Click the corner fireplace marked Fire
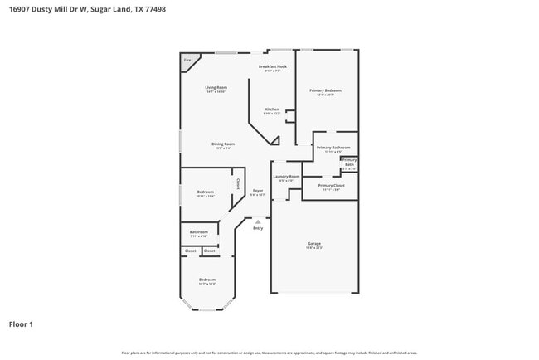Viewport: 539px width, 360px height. click(x=187, y=60)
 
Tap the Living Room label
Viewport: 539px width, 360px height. click(x=216, y=86)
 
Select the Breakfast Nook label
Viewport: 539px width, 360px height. click(x=272, y=66)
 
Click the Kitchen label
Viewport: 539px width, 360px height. click(x=272, y=109)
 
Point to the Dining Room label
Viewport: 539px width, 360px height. click(x=223, y=144)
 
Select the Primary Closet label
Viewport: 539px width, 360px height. click(x=330, y=185)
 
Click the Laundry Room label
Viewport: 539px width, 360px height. click(x=286, y=176)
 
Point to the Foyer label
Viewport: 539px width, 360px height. click(x=258, y=191)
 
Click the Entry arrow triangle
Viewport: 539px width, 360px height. click(x=258, y=221)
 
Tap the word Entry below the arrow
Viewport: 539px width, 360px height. click(x=258, y=228)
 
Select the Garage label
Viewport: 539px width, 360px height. click(x=314, y=244)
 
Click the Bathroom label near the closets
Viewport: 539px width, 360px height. click(x=198, y=232)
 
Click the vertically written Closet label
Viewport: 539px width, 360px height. click(x=238, y=184)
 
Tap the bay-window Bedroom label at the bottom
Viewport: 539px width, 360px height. click(x=206, y=280)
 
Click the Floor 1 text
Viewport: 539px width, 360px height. click(x=21, y=324)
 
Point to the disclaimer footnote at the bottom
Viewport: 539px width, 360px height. click(x=269, y=353)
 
